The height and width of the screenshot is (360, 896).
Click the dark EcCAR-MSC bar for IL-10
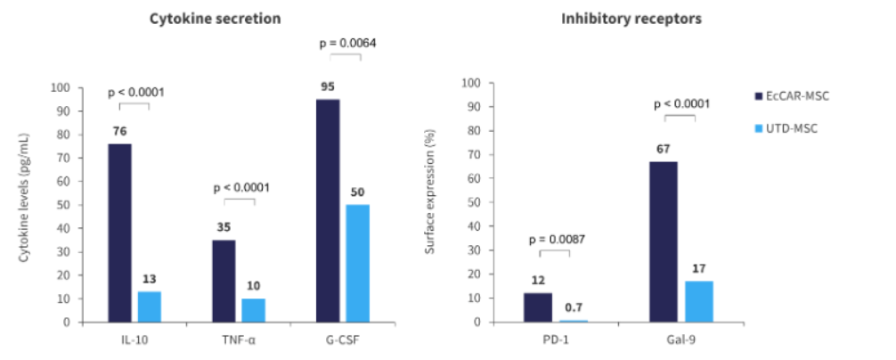point(119,233)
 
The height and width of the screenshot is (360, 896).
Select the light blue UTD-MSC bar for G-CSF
point(357,263)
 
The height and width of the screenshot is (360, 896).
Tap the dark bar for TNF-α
point(224,281)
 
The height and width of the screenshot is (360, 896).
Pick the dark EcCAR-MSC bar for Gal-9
point(663,241)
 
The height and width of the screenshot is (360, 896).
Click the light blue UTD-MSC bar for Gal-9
point(700,301)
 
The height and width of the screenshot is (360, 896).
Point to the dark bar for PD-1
point(537,307)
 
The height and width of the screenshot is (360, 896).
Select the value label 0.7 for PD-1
point(574,307)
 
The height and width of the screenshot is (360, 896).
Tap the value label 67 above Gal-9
point(663,149)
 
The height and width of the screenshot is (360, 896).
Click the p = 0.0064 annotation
point(346,41)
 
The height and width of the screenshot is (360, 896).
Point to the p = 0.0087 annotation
point(554,239)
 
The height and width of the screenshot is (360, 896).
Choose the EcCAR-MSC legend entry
point(798,96)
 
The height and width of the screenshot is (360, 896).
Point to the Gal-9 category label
point(680,340)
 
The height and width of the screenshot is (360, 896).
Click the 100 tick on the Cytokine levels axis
point(61,88)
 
